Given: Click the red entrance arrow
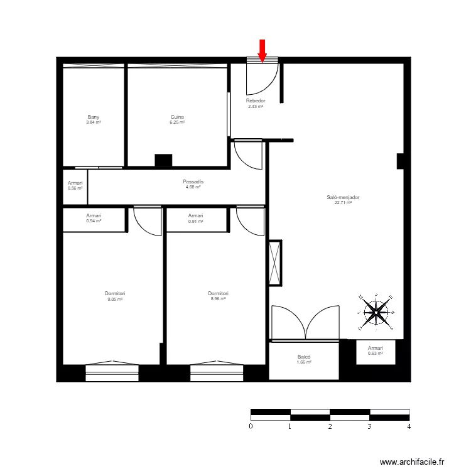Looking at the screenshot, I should point(263,51).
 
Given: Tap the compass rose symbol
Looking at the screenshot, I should point(376,311).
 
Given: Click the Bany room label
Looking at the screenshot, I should point(94,117).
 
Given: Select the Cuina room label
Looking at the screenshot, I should point(177,117).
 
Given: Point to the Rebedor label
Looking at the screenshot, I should point(256,100).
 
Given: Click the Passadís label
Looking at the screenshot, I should point(193,181).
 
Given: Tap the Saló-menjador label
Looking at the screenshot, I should point(343,197).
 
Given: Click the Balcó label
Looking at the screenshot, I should point(305,357).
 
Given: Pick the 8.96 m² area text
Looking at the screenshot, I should point(218,299).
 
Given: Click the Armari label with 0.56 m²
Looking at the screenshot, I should point(75,183).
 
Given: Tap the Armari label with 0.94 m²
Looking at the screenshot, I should point(94,215).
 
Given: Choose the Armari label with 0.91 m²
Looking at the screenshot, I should point(196,215).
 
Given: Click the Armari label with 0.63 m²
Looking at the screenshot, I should point(376,348).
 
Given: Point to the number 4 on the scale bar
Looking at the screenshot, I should point(409,426).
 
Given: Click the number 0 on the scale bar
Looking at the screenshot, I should point(251,426).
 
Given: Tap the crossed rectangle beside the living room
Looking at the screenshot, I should point(275,263).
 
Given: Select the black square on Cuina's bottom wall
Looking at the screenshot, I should point(163,161).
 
